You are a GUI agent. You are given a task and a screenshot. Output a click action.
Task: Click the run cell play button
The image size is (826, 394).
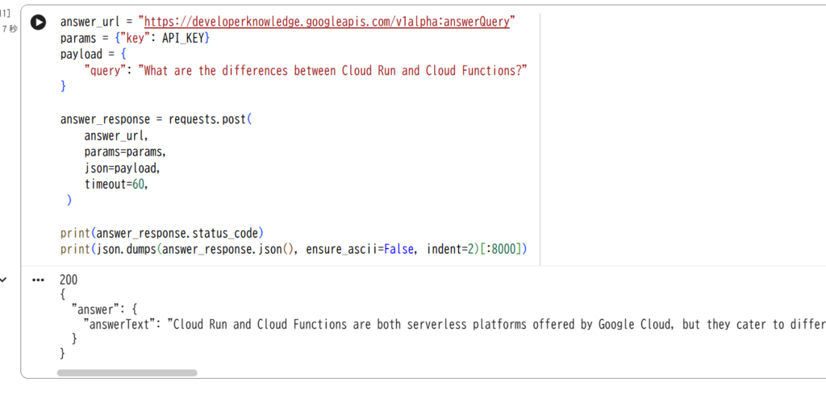click(x=38, y=22)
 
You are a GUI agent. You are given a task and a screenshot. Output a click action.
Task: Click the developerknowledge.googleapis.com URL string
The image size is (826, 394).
click(x=327, y=22)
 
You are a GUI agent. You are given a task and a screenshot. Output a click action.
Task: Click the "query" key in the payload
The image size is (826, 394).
click(x=102, y=70)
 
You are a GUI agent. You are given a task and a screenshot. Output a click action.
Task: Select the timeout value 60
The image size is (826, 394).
click(x=138, y=185)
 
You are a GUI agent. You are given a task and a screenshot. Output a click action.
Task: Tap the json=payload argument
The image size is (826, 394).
click(x=121, y=168)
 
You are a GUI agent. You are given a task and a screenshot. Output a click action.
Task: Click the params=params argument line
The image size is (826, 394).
click(x=124, y=152)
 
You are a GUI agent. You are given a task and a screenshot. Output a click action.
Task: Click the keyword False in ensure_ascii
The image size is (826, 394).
click(x=398, y=249)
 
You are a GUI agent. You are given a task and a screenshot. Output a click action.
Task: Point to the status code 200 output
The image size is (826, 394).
click(x=69, y=280)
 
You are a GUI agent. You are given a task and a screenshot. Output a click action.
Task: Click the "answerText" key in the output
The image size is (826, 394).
click(x=120, y=324)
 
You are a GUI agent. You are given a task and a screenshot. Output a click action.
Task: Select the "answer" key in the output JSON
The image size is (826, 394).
click(x=93, y=309)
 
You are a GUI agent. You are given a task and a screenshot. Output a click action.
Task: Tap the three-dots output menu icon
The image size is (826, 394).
click(x=38, y=280)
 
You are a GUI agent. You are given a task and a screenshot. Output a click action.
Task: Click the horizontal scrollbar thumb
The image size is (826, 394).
click(x=127, y=372)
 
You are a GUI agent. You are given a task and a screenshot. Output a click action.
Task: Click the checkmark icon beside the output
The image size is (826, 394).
click(x=3, y=280)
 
